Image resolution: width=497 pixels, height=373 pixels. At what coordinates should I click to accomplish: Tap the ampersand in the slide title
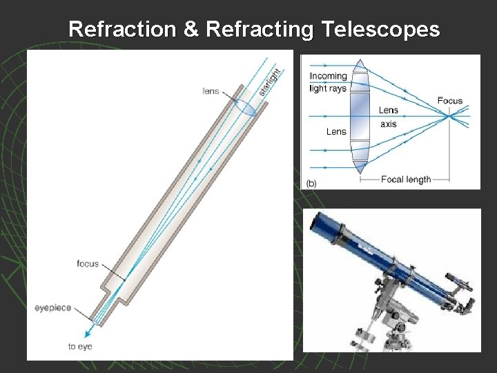(191, 29)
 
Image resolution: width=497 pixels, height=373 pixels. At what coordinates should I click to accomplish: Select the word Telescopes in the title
(378, 29)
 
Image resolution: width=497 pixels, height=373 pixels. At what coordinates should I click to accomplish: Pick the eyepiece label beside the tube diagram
(53, 308)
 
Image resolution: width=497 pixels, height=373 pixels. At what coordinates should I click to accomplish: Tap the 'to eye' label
(81, 346)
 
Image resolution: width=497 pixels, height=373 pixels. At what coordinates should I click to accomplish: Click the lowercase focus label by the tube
(88, 264)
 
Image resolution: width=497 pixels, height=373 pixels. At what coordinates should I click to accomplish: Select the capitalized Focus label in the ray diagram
(449, 101)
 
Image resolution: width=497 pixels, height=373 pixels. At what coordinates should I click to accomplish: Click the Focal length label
(406, 180)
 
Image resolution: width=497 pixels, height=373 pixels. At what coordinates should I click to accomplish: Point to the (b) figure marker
(311, 183)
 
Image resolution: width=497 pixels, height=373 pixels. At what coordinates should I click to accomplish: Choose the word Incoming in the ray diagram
(328, 76)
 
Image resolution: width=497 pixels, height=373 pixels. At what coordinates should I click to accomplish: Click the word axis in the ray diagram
(389, 124)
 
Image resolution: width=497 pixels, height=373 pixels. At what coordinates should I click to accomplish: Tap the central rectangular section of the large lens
(360, 116)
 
